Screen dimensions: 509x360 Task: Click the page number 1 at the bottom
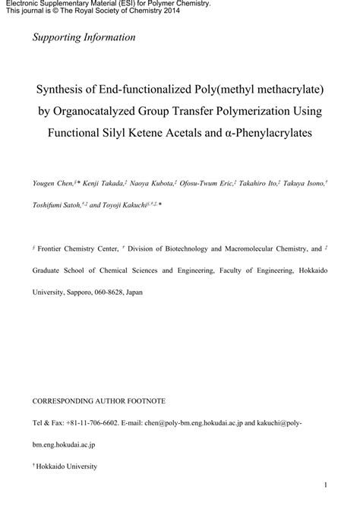pos(325,485)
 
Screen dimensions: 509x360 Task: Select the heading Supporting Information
pos(84,36)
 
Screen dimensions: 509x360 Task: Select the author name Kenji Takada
pos(103,183)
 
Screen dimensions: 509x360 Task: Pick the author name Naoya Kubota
pos(152,183)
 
